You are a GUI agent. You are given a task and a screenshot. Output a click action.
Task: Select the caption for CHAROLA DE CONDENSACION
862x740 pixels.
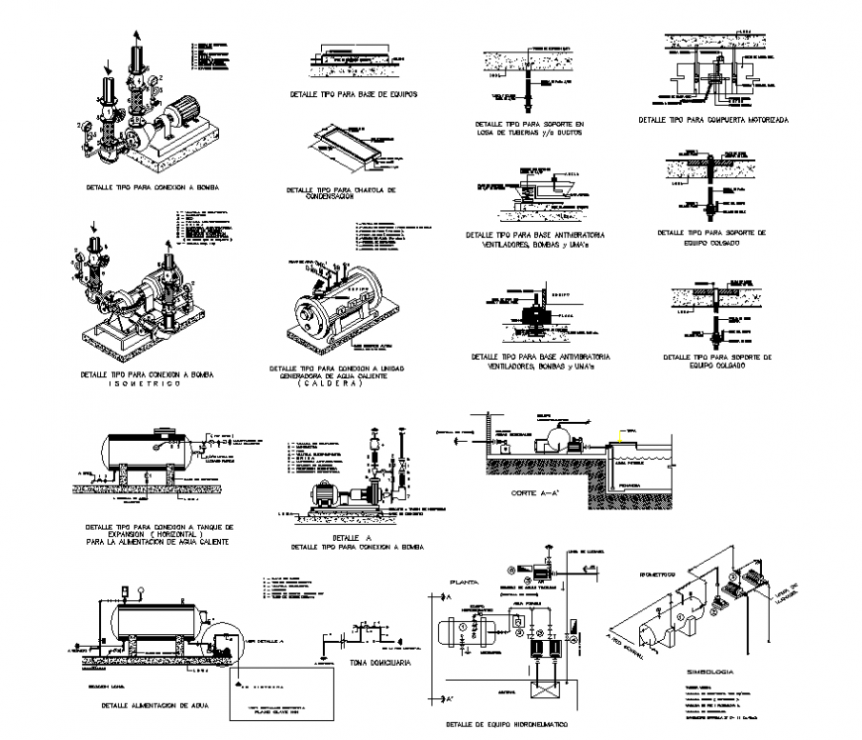tap(341, 192)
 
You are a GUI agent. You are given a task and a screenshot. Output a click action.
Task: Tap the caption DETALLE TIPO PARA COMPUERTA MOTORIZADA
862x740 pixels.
tap(713, 119)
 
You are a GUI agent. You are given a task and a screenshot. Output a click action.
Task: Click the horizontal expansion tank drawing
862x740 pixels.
tap(141, 451)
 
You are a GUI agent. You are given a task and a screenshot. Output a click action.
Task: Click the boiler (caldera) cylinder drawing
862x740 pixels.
tap(327, 303)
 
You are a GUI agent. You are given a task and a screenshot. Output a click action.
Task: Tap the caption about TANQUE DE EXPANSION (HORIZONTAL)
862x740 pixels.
tap(159, 533)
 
